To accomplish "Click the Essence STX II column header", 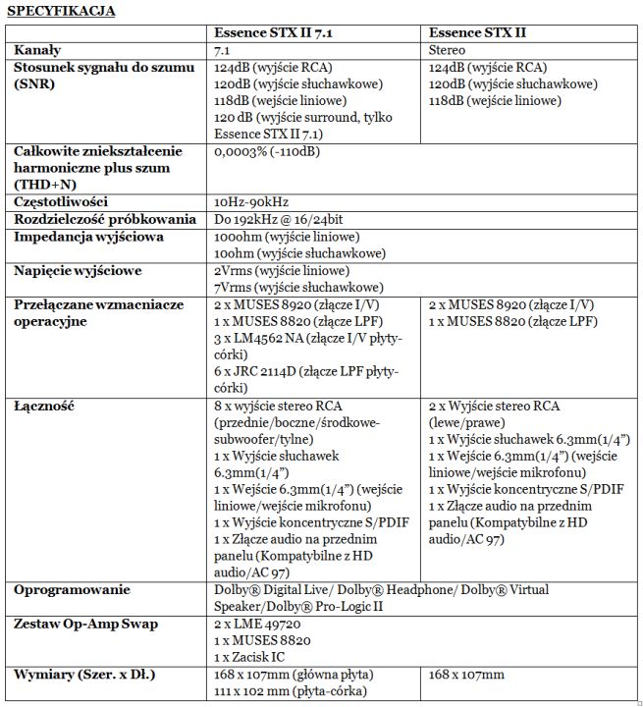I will point(477,33).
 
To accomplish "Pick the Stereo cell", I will point(448,50).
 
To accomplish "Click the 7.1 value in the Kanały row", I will point(222,50).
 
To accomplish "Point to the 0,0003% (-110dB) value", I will point(266,152).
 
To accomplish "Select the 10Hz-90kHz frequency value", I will point(253,202).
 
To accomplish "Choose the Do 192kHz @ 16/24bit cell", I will point(281,220).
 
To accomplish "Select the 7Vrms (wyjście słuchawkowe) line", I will point(296,287).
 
